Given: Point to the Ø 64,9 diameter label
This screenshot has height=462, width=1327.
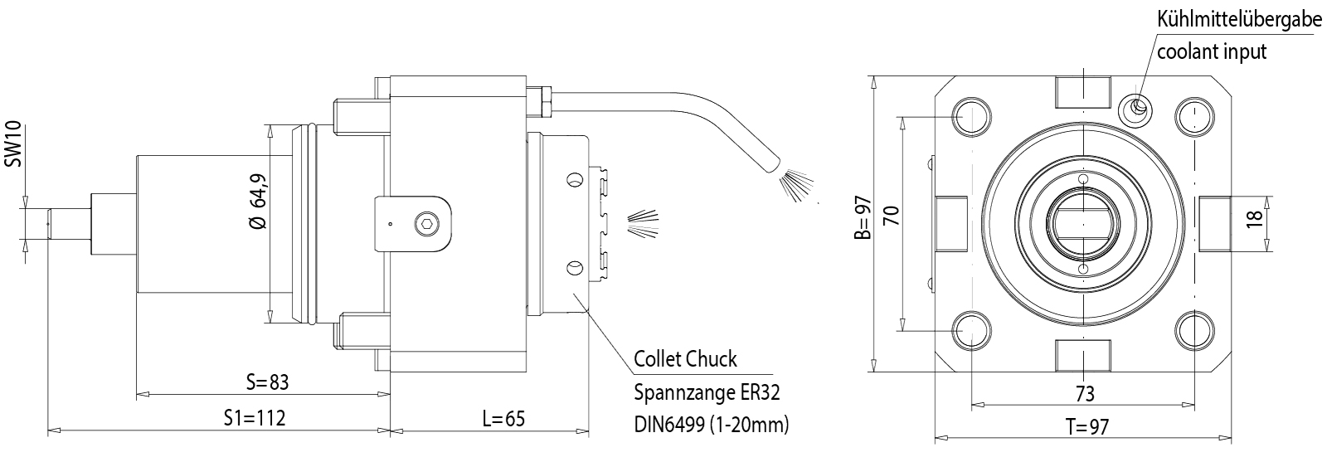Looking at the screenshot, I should [x=258, y=201].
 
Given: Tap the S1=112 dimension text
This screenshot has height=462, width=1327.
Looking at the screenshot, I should [x=255, y=418].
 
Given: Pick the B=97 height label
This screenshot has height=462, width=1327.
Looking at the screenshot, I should [x=864, y=217].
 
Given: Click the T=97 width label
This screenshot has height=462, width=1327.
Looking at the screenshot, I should [x=1086, y=427].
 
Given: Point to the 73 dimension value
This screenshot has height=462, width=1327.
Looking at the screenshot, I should [x=1084, y=392].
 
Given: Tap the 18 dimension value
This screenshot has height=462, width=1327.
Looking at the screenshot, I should [x=1255, y=218].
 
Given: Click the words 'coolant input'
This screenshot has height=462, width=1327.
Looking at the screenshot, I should [x=1212, y=51].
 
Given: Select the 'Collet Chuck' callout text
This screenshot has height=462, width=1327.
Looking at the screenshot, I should [x=685, y=359].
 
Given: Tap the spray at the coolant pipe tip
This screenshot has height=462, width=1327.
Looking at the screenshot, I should [x=796, y=183].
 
